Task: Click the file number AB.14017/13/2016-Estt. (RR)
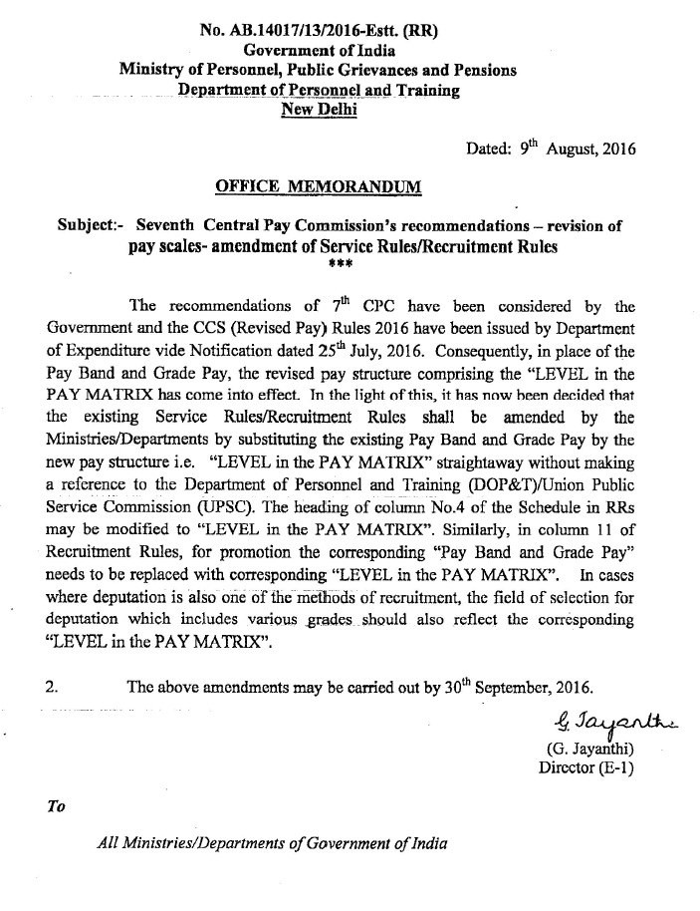(x=319, y=30)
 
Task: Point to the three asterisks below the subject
(x=338, y=264)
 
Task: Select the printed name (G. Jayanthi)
(x=589, y=749)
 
